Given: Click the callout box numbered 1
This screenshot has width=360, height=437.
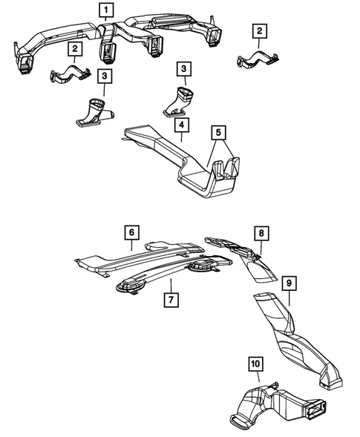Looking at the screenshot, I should [108, 10].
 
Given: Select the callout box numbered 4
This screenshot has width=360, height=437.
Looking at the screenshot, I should [181, 125].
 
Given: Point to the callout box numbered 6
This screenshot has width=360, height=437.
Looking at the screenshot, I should [131, 232].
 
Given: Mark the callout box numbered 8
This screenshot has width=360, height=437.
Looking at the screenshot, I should [261, 232].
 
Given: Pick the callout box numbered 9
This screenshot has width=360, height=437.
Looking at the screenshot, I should [289, 282].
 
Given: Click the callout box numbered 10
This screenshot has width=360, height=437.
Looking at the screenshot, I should [255, 364].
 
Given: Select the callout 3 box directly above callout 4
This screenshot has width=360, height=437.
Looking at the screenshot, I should [183, 69].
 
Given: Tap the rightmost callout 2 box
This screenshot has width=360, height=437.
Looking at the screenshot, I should [258, 30].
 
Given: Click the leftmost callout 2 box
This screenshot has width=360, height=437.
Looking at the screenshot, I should [75, 48].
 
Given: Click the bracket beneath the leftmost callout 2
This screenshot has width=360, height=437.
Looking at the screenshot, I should [70, 73].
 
